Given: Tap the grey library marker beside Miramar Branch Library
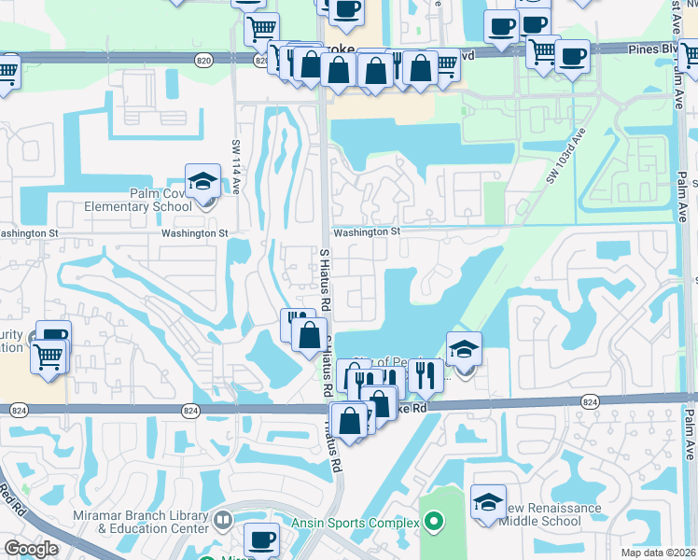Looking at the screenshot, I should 223,520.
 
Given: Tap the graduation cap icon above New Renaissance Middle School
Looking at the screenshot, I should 488,502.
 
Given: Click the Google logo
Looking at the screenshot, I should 31,549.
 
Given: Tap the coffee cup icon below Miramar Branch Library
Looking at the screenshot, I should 261,539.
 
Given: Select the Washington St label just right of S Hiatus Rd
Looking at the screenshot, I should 366,231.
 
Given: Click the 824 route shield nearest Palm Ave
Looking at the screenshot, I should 589,400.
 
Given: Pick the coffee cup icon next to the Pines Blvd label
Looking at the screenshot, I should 571,56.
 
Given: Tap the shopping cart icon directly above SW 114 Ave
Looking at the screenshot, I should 262,29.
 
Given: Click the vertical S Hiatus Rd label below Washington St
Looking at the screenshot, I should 326,279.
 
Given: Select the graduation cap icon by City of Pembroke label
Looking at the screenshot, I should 464,349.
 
